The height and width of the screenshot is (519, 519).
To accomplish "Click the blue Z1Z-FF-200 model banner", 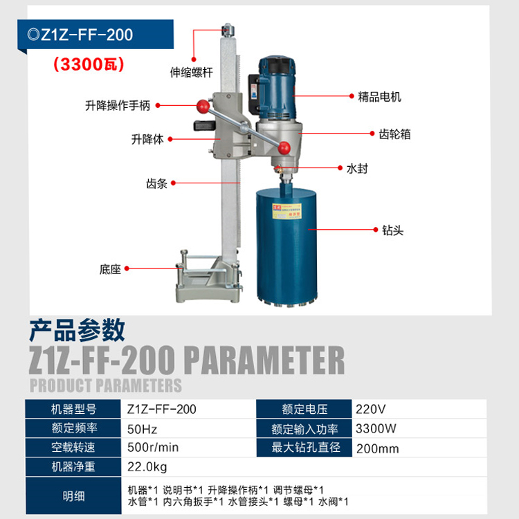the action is pyautogui.click(x=95, y=35).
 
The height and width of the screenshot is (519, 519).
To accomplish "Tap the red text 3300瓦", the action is pyautogui.click(x=89, y=64).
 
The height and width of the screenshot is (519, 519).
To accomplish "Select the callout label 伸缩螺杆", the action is pyautogui.click(x=191, y=72).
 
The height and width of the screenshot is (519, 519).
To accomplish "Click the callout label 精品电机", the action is pyautogui.click(x=379, y=97).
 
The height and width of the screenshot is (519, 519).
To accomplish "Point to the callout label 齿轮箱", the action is pyautogui.click(x=394, y=134).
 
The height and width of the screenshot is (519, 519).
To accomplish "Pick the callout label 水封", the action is pyautogui.click(x=357, y=168).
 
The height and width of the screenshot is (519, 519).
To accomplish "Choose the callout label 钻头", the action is pyautogui.click(x=392, y=230).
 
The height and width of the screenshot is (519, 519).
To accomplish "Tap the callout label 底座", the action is pyautogui.click(x=110, y=269).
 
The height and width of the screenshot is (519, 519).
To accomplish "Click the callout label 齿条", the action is pyautogui.click(x=156, y=183).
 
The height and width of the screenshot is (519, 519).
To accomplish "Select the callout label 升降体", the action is pyautogui.click(x=147, y=139).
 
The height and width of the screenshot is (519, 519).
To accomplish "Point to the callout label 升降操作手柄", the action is pyautogui.click(x=118, y=105).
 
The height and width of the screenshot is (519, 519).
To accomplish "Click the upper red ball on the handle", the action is pyautogui.click(x=203, y=107).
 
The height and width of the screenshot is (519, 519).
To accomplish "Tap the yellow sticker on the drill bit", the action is pyautogui.click(x=286, y=211).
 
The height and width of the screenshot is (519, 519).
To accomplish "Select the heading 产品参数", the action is pyautogui.click(x=77, y=330).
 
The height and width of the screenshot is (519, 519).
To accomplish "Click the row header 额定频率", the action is pyautogui.click(x=73, y=428).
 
